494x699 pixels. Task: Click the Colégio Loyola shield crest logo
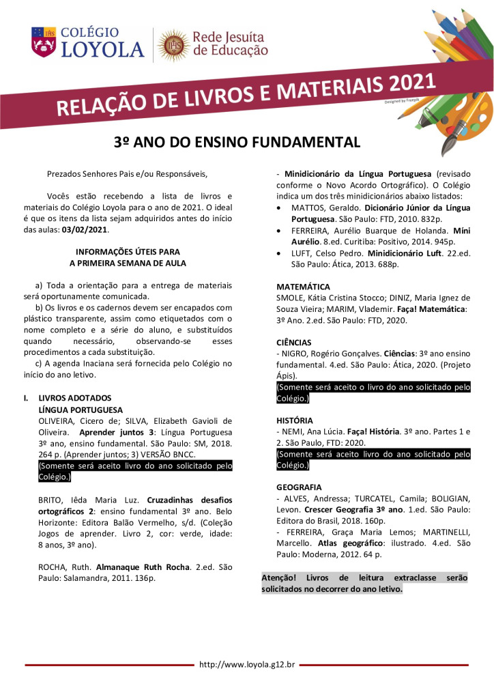(x=44, y=42)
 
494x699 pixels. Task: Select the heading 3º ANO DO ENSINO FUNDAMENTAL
(x=236, y=142)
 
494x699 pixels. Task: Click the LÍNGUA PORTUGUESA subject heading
(x=81, y=410)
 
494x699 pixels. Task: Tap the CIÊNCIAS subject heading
(x=294, y=342)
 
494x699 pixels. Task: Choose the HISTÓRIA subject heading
(x=295, y=420)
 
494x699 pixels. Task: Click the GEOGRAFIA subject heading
(x=299, y=488)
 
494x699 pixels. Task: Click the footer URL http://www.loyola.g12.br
(x=246, y=664)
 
